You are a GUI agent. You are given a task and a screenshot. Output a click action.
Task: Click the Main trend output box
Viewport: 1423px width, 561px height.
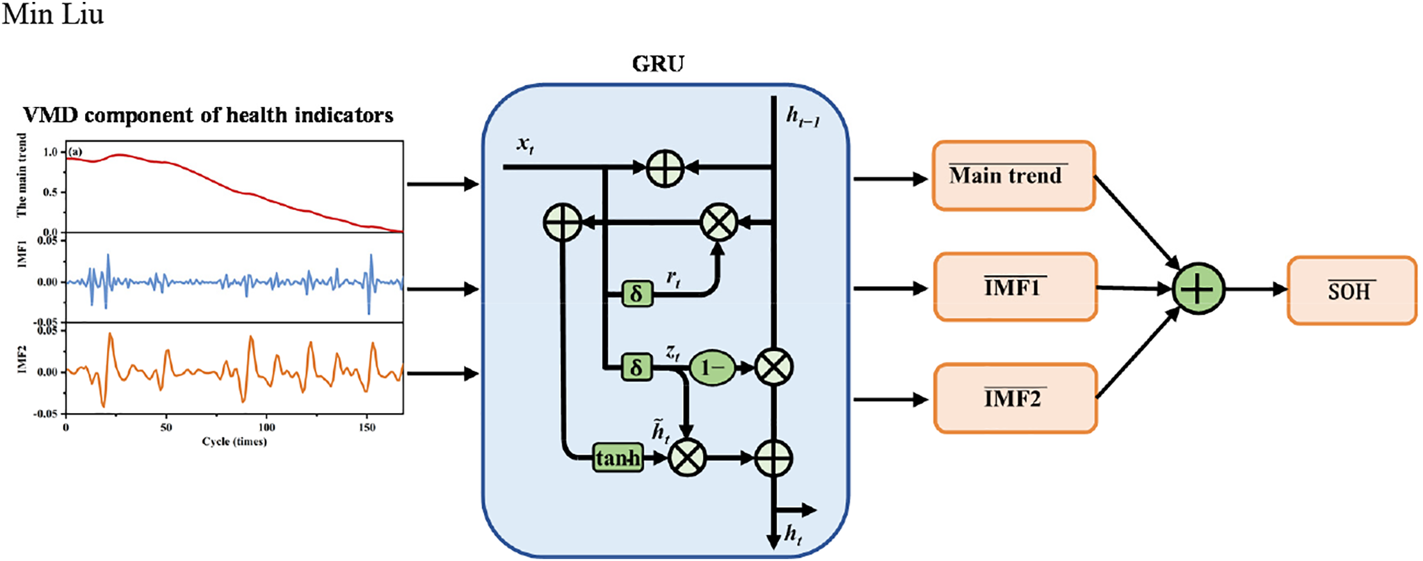click(1013, 176)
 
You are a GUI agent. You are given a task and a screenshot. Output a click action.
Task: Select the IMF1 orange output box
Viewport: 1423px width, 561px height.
click(1015, 287)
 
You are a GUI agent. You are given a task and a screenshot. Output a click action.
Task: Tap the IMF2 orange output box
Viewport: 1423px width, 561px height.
click(1015, 399)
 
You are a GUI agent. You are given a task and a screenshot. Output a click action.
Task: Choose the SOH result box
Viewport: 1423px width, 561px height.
click(1351, 291)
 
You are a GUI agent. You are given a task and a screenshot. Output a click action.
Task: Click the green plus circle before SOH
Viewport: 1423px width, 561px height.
click(1198, 289)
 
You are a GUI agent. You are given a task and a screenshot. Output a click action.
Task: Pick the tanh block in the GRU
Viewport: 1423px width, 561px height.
click(618, 458)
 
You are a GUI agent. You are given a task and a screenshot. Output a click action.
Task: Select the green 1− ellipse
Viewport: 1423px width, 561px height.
click(712, 367)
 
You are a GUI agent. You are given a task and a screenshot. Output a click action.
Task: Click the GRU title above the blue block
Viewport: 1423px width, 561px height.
click(658, 64)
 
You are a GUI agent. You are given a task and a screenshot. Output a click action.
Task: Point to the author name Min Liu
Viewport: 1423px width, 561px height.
click(52, 14)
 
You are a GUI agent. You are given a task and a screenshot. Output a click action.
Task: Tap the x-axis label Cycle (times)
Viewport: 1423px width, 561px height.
click(234, 441)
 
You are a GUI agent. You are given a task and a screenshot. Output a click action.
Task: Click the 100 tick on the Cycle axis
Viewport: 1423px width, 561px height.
click(266, 427)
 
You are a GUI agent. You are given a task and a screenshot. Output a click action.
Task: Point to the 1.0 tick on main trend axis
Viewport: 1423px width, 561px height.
click(51, 152)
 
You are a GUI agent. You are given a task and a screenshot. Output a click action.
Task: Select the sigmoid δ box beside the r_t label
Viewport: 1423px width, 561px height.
click(637, 294)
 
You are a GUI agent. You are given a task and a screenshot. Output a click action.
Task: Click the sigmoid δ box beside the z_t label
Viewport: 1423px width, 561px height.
click(637, 367)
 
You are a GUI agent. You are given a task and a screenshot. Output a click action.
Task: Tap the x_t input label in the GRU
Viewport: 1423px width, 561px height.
click(526, 145)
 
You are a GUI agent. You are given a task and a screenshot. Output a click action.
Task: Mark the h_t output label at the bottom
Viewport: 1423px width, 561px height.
click(793, 535)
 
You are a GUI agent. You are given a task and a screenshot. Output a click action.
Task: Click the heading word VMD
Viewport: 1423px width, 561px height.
click(50, 115)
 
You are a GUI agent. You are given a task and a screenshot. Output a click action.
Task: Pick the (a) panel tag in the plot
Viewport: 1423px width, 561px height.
click(76, 152)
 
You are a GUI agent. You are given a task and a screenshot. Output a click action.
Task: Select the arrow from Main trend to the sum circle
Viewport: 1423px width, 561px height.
click(1137, 221)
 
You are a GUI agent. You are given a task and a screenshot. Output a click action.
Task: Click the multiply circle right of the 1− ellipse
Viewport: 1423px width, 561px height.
click(774, 367)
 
